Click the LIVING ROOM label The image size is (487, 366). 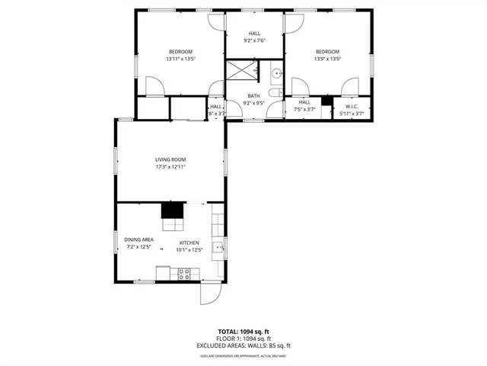170,159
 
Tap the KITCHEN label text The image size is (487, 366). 189,242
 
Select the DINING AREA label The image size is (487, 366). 138,239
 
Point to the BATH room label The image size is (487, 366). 253,96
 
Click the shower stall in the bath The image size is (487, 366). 240,72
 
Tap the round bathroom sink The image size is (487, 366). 275,73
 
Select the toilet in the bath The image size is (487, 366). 275,92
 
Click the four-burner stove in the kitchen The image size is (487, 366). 184,273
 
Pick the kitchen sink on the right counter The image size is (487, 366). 218,246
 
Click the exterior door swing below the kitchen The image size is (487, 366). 209,294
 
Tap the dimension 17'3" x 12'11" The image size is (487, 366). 170,167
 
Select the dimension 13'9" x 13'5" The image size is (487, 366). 327,59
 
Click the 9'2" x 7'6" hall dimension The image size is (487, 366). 254,41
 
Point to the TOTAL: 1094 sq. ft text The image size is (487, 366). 243,331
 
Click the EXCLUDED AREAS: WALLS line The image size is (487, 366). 243,345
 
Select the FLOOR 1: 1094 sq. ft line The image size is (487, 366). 243,339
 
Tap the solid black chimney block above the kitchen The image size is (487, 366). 173,210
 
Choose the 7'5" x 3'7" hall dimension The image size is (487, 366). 304,109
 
